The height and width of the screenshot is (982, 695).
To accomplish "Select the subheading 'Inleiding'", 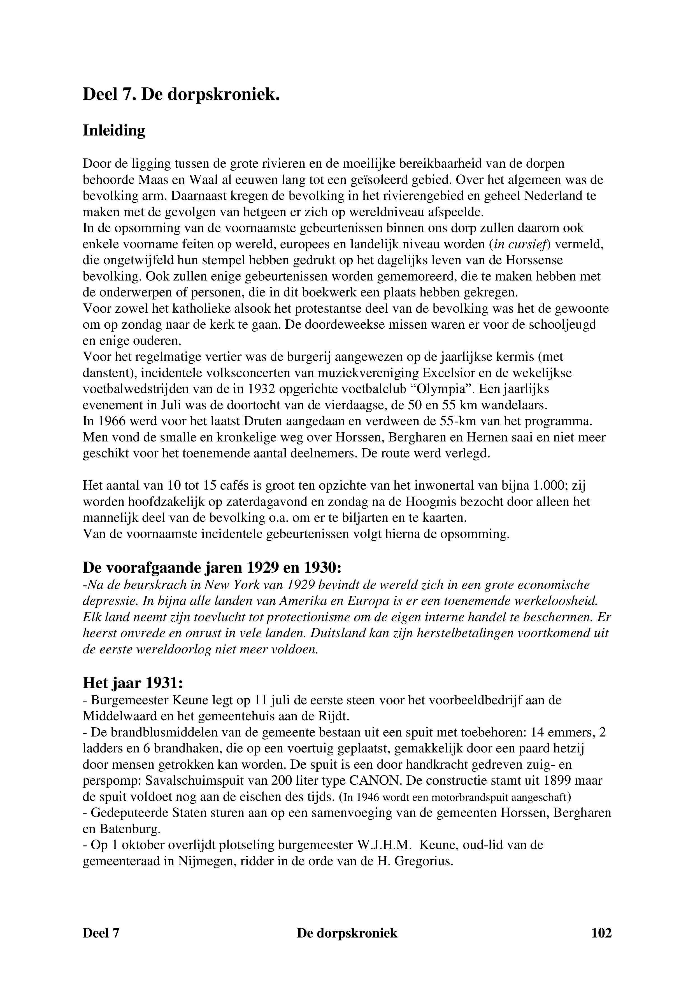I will tap(114, 130).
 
